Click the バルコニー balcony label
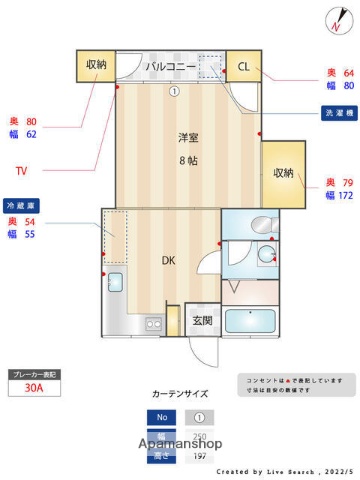168,66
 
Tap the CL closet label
243,66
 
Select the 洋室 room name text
187,138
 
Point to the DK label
169,261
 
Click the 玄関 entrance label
201,321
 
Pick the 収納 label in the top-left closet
96,65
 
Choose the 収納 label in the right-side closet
283,173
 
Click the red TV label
21,169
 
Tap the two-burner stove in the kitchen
152,324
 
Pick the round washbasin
266,256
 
